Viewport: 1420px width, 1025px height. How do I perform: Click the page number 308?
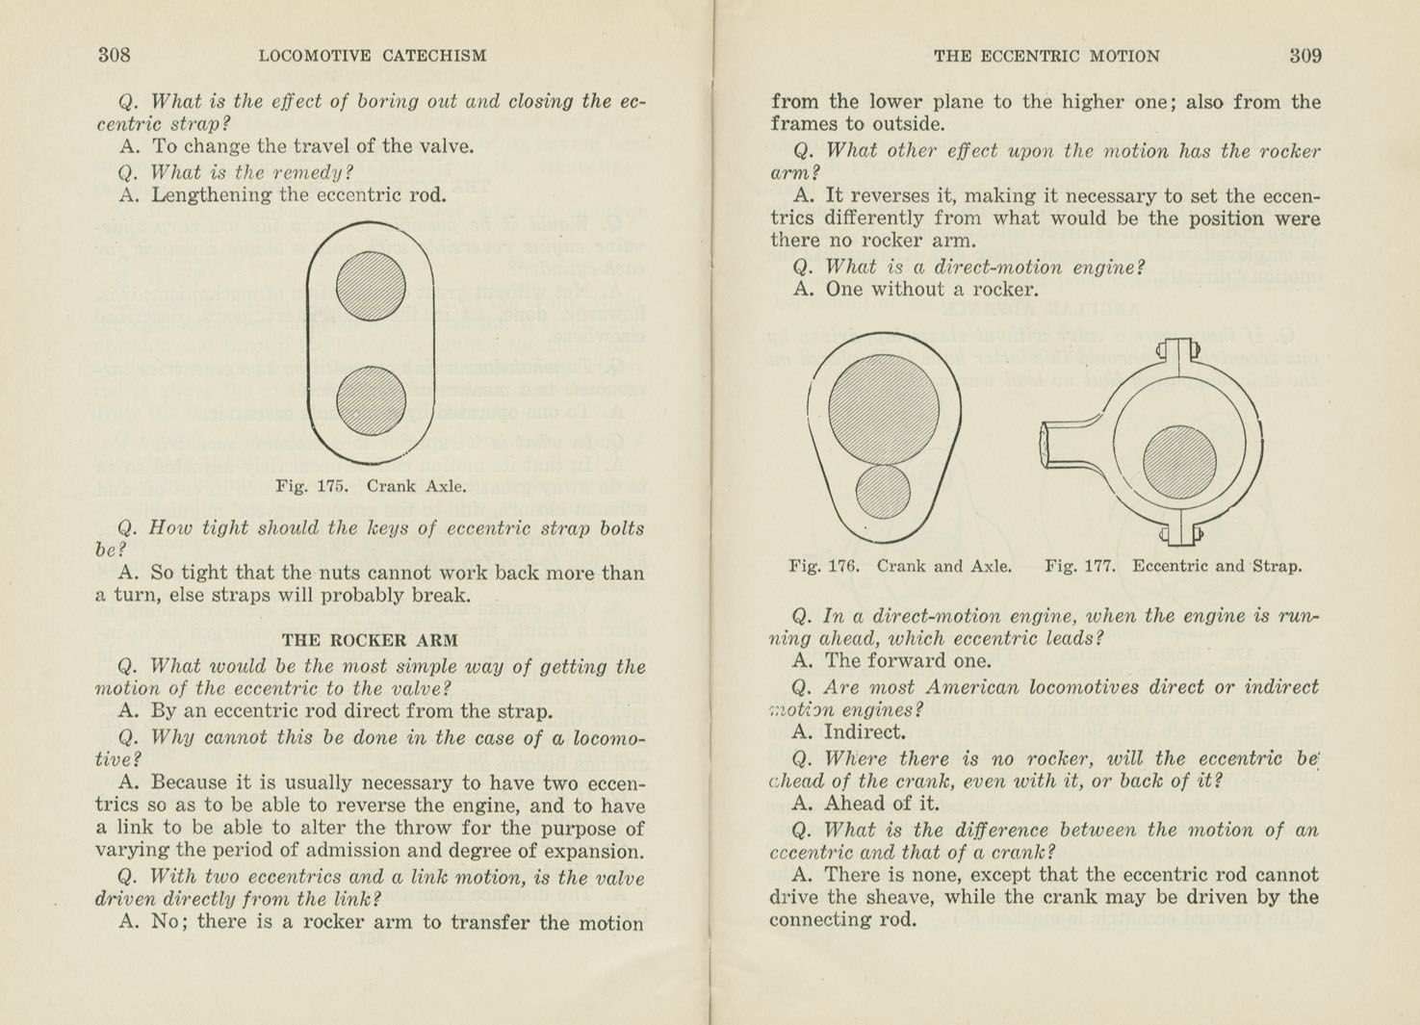[114, 55]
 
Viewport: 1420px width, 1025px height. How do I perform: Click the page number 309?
[1305, 56]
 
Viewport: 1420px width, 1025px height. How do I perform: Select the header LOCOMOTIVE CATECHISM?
[373, 56]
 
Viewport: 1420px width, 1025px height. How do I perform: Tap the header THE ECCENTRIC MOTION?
[1046, 56]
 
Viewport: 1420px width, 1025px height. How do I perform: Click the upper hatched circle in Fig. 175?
[371, 286]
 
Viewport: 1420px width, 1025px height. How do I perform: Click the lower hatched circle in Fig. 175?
[371, 400]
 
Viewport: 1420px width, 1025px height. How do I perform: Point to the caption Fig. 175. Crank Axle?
[371, 486]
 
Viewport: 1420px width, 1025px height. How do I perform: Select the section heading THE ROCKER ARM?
[370, 640]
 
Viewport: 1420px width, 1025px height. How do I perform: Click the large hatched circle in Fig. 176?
[884, 409]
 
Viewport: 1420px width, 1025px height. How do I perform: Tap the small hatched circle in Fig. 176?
[883, 491]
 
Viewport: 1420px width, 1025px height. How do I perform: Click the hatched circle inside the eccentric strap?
[1179, 462]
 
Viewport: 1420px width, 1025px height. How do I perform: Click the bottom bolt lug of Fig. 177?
[1179, 534]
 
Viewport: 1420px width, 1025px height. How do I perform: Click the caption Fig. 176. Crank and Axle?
[900, 566]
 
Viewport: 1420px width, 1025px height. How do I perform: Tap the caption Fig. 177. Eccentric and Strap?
[1173, 566]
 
